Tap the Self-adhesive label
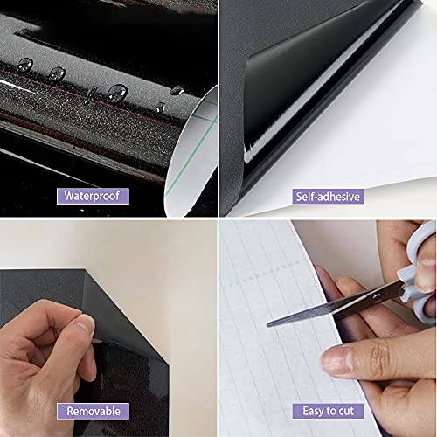(x=327, y=196)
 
